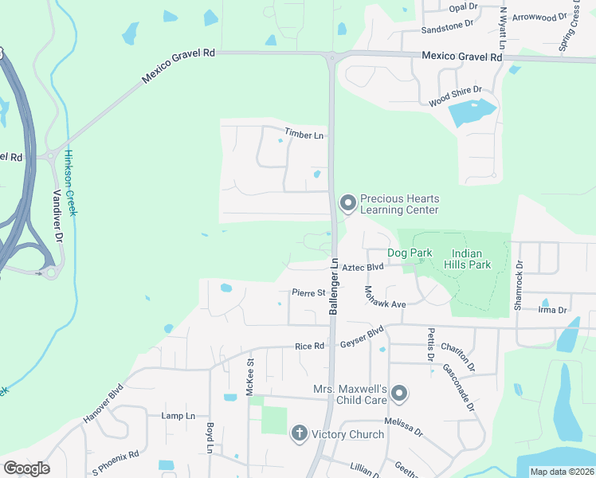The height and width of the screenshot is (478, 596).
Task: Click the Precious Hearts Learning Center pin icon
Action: pyautogui.click(x=347, y=204)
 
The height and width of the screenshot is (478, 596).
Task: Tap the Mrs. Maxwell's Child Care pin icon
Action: pyautogui.click(x=399, y=394)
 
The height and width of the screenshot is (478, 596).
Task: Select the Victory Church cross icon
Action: pyautogui.click(x=299, y=434)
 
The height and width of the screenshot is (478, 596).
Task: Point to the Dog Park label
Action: pyautogui.click(x=410, y=253)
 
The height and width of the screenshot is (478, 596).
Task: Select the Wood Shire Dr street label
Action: pyautogui.click(x=455, y=97)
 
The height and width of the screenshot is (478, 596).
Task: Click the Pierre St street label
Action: pyautogui.click(x=308, y=292)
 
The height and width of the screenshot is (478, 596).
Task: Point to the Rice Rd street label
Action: pyautogui.click(x=309, y=346)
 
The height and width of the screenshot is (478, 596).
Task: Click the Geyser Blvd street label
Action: pyautogui.click(x=362, y=337)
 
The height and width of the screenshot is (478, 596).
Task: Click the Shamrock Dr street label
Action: pyautogui.click(x=520, y=280)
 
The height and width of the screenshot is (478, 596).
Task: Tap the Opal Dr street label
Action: pyautogui.click(x=462, y=7)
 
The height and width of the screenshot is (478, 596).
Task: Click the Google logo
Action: pyautogui.click(x=26, y=468)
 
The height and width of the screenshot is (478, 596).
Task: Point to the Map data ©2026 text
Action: pyautogui.click(x=562, y=472)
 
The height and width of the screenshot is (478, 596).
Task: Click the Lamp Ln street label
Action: pyautogui.click(x=178, y=416)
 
